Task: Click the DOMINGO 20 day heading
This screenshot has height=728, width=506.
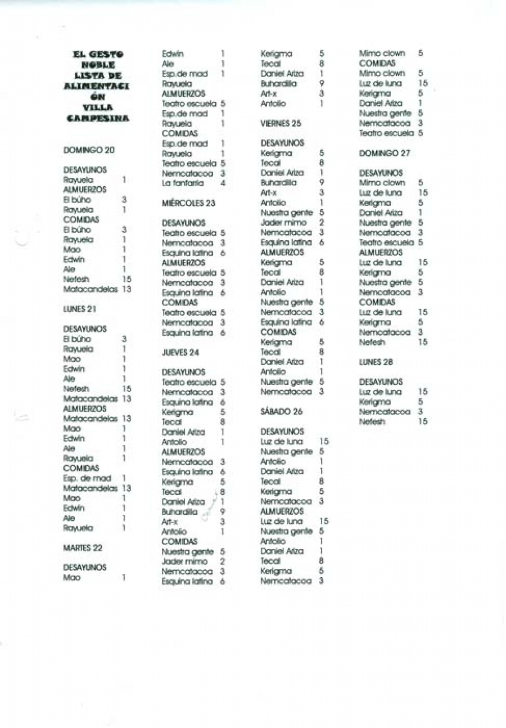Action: point(89,150)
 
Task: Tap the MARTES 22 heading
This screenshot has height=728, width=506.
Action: point(82,547)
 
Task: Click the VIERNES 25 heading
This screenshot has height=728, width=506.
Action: point(281,123)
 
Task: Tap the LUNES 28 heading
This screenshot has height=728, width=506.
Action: point(376,363)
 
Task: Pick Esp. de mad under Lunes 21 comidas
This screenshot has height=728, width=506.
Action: point(82,478)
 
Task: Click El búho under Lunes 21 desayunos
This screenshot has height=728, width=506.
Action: point(75,339)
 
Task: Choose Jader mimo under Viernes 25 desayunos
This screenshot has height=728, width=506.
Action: point(283,222)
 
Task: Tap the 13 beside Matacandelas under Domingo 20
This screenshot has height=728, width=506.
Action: point(126,289)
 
